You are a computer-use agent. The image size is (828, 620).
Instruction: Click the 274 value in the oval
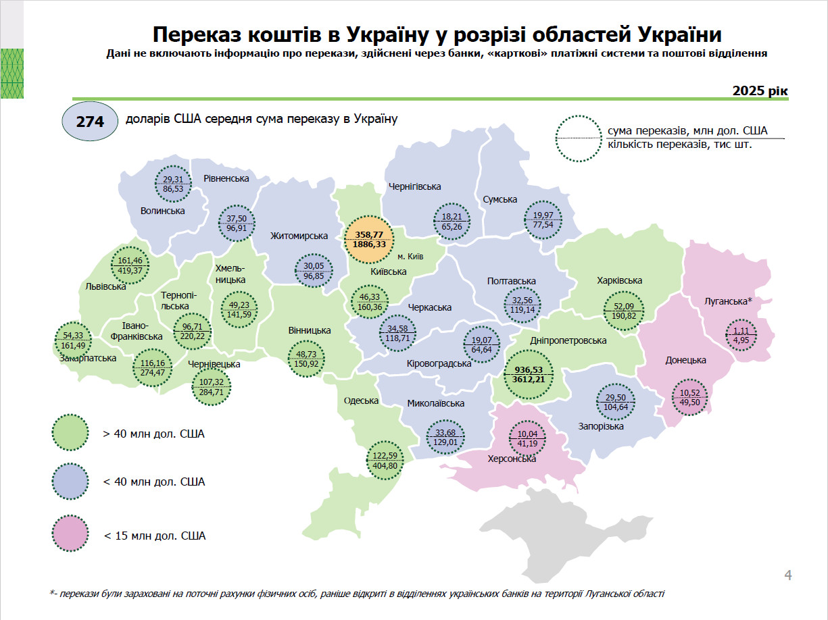click(89, 122)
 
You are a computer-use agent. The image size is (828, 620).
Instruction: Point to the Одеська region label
click(361, 401)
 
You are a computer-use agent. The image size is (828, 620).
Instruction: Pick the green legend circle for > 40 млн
click(70, 433)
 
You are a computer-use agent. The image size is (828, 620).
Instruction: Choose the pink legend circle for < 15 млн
click(70, 535)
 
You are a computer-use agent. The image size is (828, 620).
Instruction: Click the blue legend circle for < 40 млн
click(70, 482)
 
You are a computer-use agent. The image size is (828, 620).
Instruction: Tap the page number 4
click(787, 575)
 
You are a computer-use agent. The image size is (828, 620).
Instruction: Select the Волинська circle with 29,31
click(174, 184)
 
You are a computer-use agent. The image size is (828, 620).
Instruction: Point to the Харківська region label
click(619, 280)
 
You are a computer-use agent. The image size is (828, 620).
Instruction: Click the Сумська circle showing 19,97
click(543, 220)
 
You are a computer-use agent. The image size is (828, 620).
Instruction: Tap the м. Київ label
click(410, 256)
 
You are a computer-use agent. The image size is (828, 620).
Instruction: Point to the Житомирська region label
click(299, 236)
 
